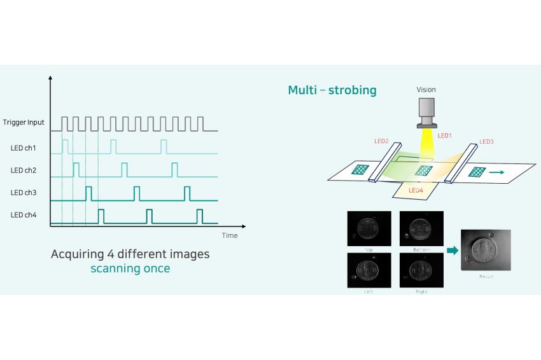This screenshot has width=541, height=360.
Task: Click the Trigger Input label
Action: [24, 122]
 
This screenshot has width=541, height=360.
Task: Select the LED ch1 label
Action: [23, 148]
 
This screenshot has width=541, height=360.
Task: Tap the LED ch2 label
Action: [23, 170]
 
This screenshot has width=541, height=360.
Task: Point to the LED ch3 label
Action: [23, 193]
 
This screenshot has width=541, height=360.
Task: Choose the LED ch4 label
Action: [23, 215]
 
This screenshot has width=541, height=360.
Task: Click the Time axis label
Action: [230, 235]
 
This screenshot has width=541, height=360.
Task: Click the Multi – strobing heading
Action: [332, 90]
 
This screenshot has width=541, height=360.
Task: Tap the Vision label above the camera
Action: [426, 90]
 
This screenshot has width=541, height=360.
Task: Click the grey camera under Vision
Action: [427, 113]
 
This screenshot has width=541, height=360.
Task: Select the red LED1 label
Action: [445, 135]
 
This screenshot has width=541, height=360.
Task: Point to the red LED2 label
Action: [381, 141]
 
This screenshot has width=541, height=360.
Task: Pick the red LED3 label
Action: [486, 141]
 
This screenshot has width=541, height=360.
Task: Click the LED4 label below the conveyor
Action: [416, 190]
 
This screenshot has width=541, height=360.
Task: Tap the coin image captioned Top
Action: [369, 228]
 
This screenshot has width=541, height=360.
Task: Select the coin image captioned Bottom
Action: [421, 228]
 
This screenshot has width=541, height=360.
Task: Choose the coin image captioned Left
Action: [369, 270]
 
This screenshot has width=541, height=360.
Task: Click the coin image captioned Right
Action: [421, 270]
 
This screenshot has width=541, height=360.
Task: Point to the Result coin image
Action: [486, 251]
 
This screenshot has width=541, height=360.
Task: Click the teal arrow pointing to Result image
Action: [453, 251]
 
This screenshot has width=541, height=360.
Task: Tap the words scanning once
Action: [130, 268]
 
